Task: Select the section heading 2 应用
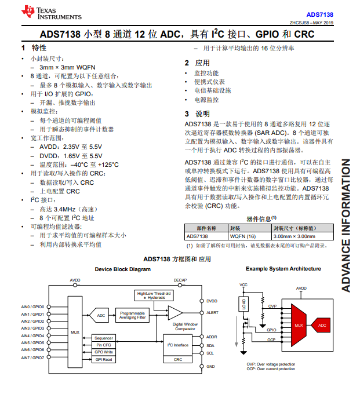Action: (197, 63)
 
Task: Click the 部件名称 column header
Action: (206, 228)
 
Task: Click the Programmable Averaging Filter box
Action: (132, 315)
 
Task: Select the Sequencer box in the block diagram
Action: (104, 338)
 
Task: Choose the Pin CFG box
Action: (104, 345)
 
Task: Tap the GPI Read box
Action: (104, 359)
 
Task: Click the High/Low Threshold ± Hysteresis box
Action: (154, 295)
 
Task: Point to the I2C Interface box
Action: (178, 345)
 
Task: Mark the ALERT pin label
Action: (212, 313)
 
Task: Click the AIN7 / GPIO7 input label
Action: (33, 357)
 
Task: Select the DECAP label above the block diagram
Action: (180, 280)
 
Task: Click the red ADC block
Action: (322, 325)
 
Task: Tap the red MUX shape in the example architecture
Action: (299, 325)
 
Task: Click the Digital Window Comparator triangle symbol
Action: (174, 313)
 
